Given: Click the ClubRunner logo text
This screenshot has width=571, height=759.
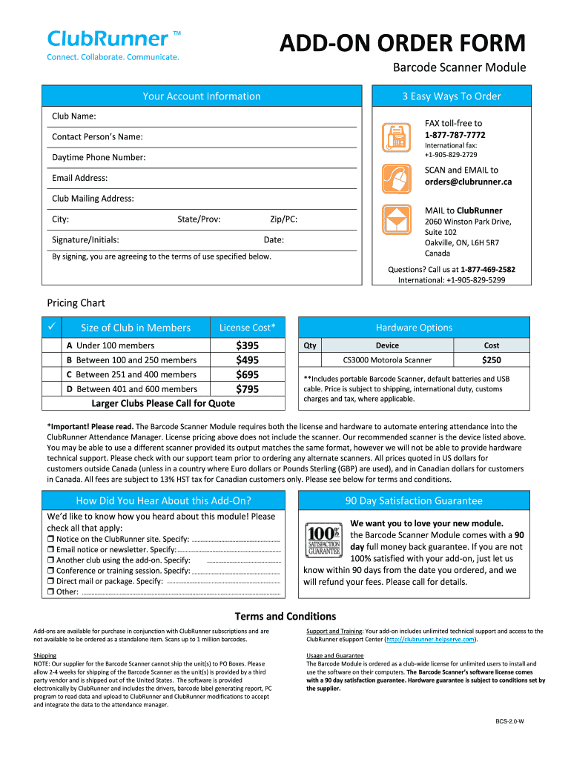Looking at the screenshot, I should (x=108, y=39).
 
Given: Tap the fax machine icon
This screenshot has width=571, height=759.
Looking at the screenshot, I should (x=395, y=136).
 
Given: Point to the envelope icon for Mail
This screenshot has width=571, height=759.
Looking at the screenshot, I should (x=395, y=220).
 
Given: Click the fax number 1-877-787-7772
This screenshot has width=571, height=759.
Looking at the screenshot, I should (x=455, y=135).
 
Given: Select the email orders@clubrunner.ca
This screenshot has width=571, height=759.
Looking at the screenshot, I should (x=468, y=182).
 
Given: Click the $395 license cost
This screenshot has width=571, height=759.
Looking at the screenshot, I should (x=247, y=345).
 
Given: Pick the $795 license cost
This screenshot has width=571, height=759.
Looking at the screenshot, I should (x=247, y=389).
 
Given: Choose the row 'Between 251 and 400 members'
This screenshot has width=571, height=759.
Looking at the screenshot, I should (x=131, y=374).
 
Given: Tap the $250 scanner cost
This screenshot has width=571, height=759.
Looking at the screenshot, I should (x=491, y=360).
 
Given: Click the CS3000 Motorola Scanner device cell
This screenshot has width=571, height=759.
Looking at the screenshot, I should (x=386, y=360).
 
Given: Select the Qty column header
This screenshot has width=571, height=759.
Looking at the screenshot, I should (x=310, y=345).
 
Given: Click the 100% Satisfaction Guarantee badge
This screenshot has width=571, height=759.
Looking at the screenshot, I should (x=323, y=540).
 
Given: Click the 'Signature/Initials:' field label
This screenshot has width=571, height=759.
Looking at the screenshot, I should (x=85, y=240).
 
